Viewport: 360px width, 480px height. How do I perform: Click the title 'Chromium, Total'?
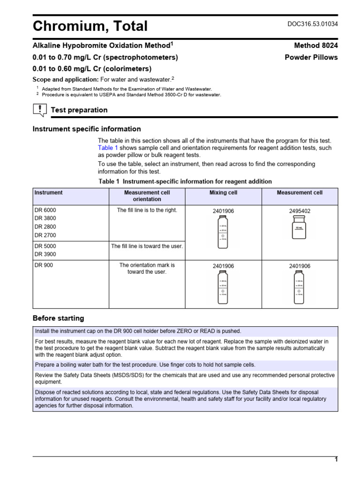coord(90,26)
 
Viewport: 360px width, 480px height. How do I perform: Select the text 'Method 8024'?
coord(316,45)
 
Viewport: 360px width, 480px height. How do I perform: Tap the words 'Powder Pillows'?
coord(311,57)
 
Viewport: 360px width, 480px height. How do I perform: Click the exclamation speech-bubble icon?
coord(40,110)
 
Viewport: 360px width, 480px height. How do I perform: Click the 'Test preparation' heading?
coord(79,110)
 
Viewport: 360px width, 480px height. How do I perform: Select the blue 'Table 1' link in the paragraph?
coord(107,148)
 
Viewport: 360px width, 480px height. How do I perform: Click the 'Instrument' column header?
coord(48,193)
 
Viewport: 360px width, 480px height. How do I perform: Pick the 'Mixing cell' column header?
coord(223,193)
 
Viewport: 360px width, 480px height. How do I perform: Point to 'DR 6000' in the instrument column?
coord(45,210)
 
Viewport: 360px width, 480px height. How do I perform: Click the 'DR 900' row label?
coord(44,265)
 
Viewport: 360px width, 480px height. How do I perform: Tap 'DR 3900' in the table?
coord(45,255)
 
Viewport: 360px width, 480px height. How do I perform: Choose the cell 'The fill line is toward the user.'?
coord(147,246)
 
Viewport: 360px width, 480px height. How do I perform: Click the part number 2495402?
coord(300,211)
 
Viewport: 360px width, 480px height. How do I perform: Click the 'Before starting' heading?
coord(58,318)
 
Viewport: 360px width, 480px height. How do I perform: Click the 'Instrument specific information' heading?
coord(86,129)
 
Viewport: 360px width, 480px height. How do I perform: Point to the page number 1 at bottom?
coord(336,460)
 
